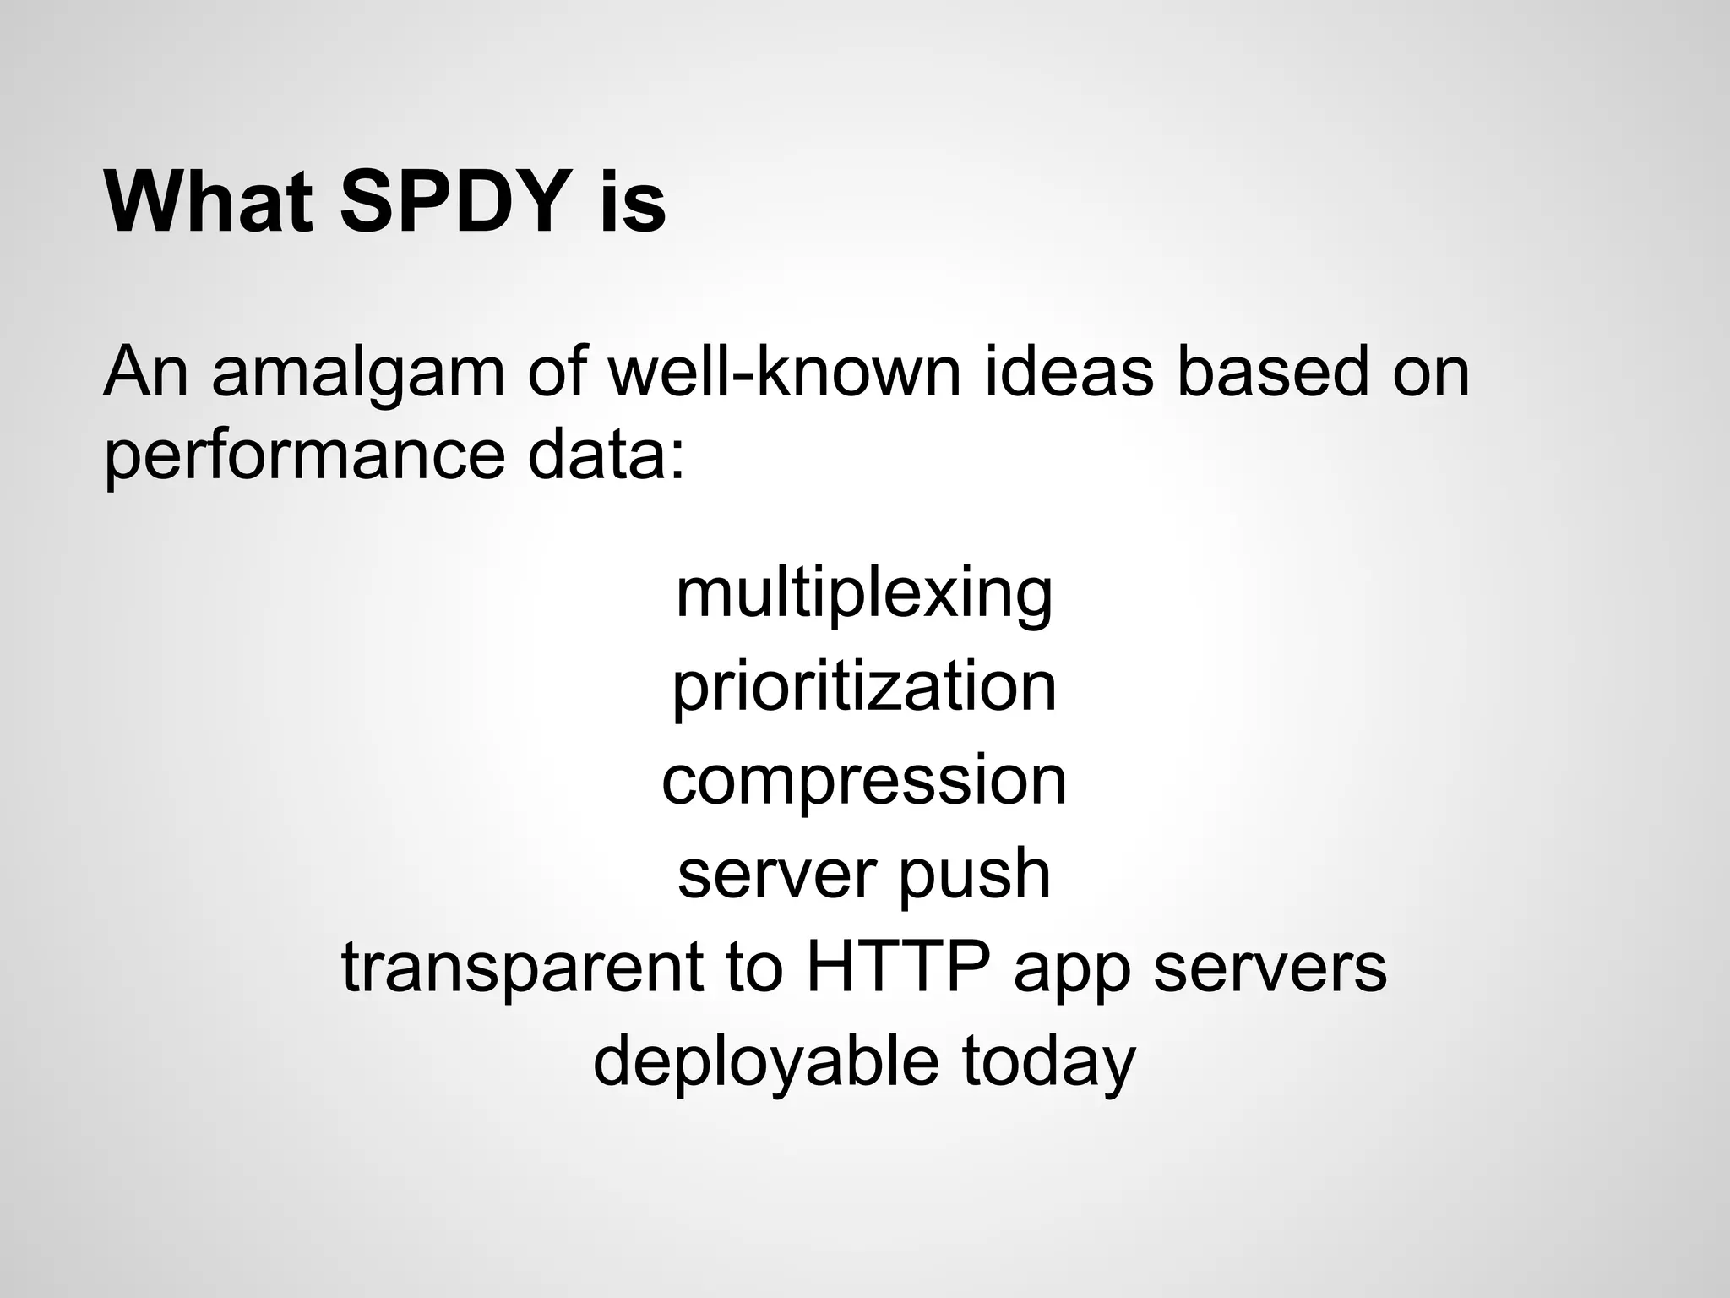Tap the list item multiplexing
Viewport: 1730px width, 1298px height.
pyautogui.click(x=864, y=595)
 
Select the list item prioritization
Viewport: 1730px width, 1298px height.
pyautogui.click(x=864, y=688)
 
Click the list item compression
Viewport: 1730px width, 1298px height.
pyautogui.click(x=864, y=782)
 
